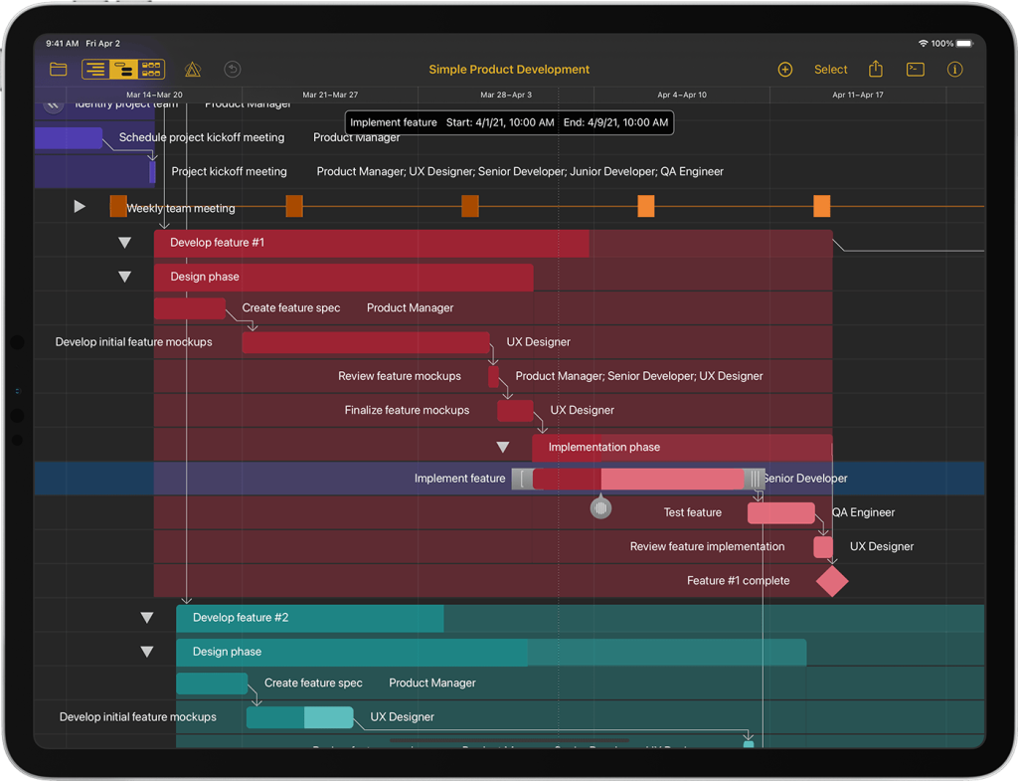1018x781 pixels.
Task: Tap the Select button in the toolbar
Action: (830, 70)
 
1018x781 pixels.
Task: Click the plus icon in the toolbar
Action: (784, 70)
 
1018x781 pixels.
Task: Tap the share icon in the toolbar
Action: (876, 70)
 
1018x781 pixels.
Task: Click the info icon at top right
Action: (955, 70)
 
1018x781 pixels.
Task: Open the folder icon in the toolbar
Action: (59, 70)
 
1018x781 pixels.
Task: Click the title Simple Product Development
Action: (509, 70)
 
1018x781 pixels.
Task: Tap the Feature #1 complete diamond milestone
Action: (832, 581)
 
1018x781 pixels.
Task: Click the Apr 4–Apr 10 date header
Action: (682, 96)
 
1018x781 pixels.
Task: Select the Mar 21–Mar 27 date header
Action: (331, 96)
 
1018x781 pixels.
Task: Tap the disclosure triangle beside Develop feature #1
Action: (124, 243)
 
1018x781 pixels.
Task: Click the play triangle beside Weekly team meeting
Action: (80, 207)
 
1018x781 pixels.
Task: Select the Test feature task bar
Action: (780, 513)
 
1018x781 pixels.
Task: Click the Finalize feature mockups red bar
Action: (515, 410)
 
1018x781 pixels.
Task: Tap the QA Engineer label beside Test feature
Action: (863, 513)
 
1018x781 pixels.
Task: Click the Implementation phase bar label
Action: (603, 448)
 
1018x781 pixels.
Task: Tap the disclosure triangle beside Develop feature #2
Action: (147, 618)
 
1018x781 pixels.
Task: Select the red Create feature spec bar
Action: (189, 308)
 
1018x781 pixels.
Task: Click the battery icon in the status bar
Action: (965, 44)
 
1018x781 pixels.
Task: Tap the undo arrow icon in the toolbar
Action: (233, 70)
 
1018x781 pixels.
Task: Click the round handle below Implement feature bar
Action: (600, 508)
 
